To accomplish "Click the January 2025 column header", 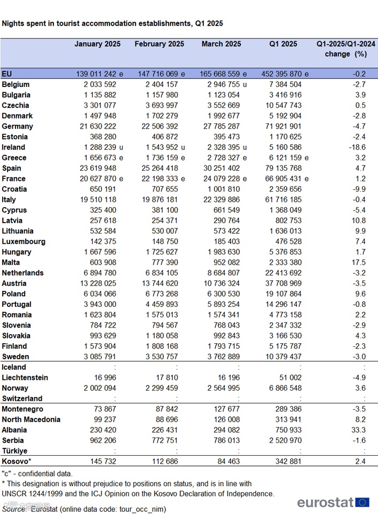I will coord(97,44).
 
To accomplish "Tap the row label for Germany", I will coord(18,126).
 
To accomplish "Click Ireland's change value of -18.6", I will coord(355,147).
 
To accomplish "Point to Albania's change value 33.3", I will coord(357,430).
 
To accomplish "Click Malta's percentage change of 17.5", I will coord(357,263).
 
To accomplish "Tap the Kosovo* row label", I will coord(17,461).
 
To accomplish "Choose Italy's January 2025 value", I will coord(99,200).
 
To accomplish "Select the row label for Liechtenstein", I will coord(25,377).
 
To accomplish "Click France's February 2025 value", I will coord(159,179).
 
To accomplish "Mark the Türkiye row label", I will coord(14,450).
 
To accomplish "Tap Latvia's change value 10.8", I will coord(357,220).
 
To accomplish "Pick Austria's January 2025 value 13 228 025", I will coord(99,283).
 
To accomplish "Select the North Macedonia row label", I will coord(31,420).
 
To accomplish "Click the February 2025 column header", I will coord(159,44).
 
